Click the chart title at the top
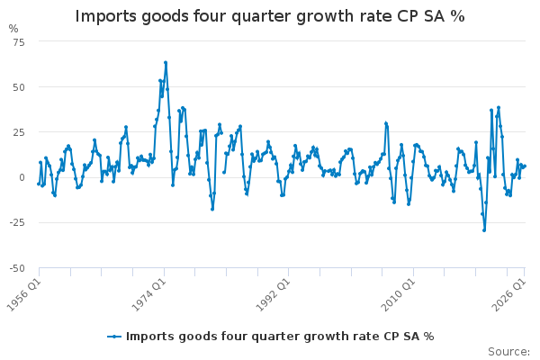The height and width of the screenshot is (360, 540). coord(270,16)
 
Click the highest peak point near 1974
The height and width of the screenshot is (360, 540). coord(166,63)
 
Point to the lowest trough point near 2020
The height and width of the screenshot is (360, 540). coord(484,230)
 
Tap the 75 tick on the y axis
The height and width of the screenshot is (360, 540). coord(19,42)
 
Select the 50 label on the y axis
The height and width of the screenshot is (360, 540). coord(19,87)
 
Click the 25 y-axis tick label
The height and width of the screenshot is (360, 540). coord(19,132)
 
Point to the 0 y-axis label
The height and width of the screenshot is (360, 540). coord(22,177)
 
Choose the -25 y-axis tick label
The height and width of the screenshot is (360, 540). coord(17,222)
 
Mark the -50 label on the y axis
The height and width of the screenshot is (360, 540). coord(17,268)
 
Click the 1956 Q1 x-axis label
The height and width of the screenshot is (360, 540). coord(24,295)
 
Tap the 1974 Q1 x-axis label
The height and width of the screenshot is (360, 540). coord(149,295)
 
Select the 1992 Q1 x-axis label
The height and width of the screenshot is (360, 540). coord(274,295)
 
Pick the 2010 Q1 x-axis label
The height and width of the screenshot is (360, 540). coord(399,295)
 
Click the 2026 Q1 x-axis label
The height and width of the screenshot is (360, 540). coord(509,295)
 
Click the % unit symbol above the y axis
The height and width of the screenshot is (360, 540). coord(13,29)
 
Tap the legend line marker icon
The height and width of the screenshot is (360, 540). coord(114,337)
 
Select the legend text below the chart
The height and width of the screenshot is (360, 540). coord(280,337)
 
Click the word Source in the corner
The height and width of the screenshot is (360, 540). coord(508,352)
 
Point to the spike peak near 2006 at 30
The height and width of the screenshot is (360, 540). coord(386,123)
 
